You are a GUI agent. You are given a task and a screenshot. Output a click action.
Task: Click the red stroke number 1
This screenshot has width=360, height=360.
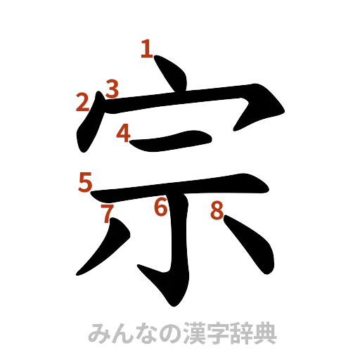(x=147, y=49)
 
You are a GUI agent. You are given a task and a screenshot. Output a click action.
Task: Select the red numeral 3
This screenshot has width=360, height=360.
(x=112, y=89)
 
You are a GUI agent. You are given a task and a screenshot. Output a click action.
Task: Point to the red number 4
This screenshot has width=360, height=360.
(x=124, y=133)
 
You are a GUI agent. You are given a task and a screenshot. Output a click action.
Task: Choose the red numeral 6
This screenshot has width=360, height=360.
(x=161, y=207)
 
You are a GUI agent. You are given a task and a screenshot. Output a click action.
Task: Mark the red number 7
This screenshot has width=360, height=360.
(x=107, y=214)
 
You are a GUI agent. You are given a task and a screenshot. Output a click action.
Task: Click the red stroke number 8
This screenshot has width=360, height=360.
(x=217, y=210)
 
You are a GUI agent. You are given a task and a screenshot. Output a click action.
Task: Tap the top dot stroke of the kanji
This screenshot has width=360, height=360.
(x=172, y=73)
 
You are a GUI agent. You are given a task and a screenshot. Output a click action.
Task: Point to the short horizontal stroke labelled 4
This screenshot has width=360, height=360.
(x=176, y=140)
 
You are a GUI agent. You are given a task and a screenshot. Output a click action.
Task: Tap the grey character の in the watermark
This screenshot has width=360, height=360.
(x=168, y=333)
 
